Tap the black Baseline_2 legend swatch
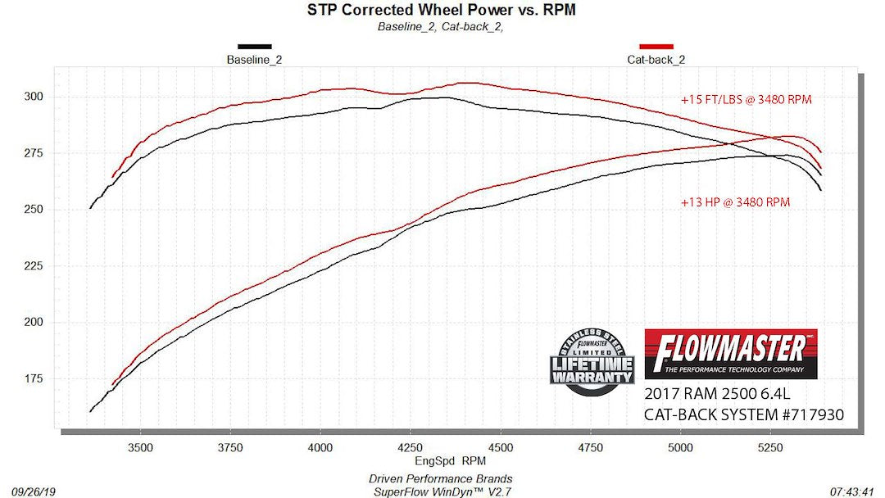click(x=254, y=47)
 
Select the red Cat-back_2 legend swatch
click(x=656, y=47)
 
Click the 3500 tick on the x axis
click(x=140, y=447)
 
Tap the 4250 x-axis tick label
click(x=410, y=447)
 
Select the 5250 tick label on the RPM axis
click(x=769, y=447)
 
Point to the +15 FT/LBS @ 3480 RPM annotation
click(x=745, y=100)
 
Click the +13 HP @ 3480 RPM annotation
click(x=735, y=202)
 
